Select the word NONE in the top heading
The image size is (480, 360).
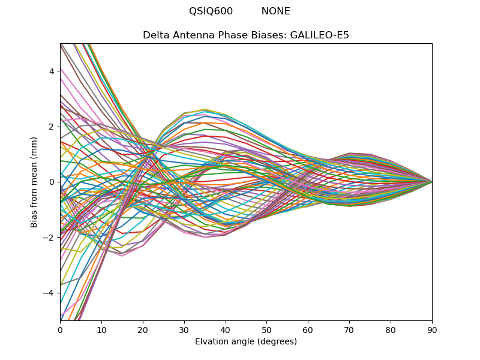pyautogui.click(x=275, y=11)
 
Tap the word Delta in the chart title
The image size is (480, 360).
pyautogui.click(x=155, y=35)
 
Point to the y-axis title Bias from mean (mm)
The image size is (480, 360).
pyautogui.click(x=34, y=181)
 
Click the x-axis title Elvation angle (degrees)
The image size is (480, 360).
pyautogui.click(x=246, y=342)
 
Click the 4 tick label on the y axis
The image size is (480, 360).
pyautogui.click(x=52, y=71)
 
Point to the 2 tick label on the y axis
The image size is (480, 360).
pyautogui.click(x=52, y=127)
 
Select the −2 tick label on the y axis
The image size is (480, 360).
pyautogui.click(x=49, y=237)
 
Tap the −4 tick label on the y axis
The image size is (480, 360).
pyautogui.click(x=49, y=293)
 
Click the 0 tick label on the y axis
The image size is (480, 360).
pyautogui.click(x=52, y=182)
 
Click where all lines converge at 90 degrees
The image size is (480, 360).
pyautogui.click(x=431, y=181)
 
